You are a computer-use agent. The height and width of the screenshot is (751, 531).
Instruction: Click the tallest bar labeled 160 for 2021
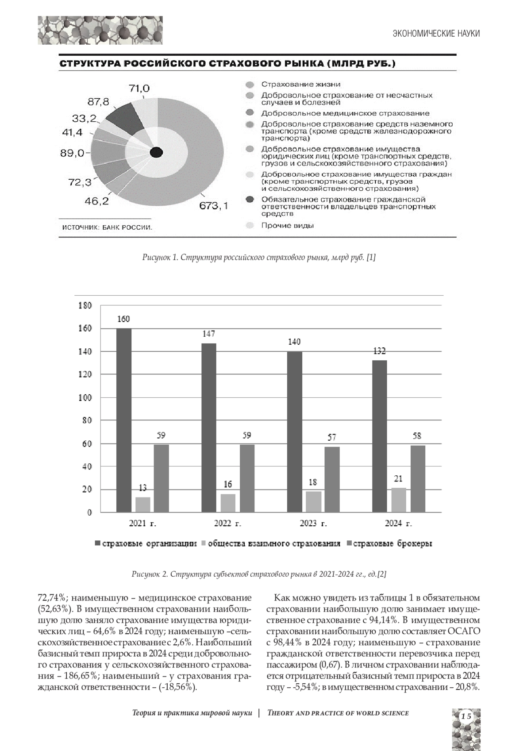click(124, 420)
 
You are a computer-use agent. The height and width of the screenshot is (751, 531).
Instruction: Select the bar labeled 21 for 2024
click(399, 500)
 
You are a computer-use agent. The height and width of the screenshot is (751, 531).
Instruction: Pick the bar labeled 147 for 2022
click(209, 427)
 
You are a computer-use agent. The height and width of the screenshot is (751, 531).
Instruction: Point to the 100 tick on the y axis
click(85, 397)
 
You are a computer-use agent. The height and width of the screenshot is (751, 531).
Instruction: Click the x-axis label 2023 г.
click(313, 524)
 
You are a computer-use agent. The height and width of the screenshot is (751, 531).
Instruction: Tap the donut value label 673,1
click(214, 206)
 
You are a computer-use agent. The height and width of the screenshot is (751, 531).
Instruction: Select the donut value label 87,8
click(98, 102)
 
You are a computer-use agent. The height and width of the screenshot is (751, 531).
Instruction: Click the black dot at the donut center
click(156, 153)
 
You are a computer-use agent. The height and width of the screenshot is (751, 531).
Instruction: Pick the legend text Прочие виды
click(287, 226)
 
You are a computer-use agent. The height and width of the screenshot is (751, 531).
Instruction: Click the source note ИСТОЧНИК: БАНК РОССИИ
click(107, 228)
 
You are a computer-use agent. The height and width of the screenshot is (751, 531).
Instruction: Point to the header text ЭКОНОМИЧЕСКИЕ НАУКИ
click(436, 34)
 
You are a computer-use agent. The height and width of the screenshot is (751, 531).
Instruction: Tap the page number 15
click(466, 716)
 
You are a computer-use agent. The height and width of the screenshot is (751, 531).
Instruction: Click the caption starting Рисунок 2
click(259, 574)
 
